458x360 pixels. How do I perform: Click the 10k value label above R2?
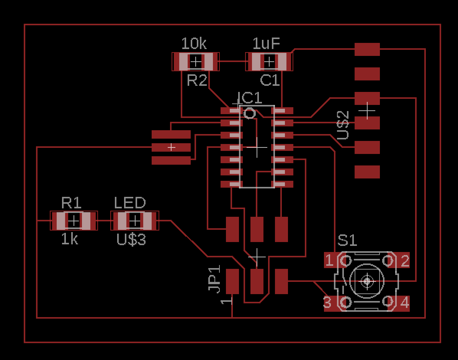pyautogui.click(x=194, y=44)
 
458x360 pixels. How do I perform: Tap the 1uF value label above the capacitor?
pyautogui.click(x=267, y=44)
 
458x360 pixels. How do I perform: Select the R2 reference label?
pyautogui.click(x=197, y=80)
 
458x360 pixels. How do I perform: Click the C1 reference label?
pyautogui.click(x=270, y=80)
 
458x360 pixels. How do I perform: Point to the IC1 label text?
pyautogui.click(x=250, y=98)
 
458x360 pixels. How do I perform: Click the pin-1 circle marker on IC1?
pyautogui.click(x=250, y=113)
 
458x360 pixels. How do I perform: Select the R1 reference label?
pyautogui.click(x=71, y=202)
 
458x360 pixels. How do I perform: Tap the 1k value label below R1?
pyautogui.click(x=70, y=239)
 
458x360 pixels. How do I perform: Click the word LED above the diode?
pyautogui.click(x=130, y=203)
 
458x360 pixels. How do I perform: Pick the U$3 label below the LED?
pyautogui.click(x=131, y=240)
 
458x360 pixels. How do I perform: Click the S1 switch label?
pyautogui.click(x=347, y=241)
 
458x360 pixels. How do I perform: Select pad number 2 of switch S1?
pyautogui.click(x=404, y=261)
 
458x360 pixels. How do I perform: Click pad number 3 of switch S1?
pyautogui.click(x=328, y=303)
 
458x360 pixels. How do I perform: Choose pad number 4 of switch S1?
pyautogui.click(x=404, y=303)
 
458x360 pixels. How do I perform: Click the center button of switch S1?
pyautogui.click(x=367, y=282)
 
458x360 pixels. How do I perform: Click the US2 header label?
pyautogui.click(x=343, y=125)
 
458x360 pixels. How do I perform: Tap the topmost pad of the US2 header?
pyautogui.click(x=367, y=49)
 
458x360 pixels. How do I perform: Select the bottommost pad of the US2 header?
pyautogui.click(x=367, y=172)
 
